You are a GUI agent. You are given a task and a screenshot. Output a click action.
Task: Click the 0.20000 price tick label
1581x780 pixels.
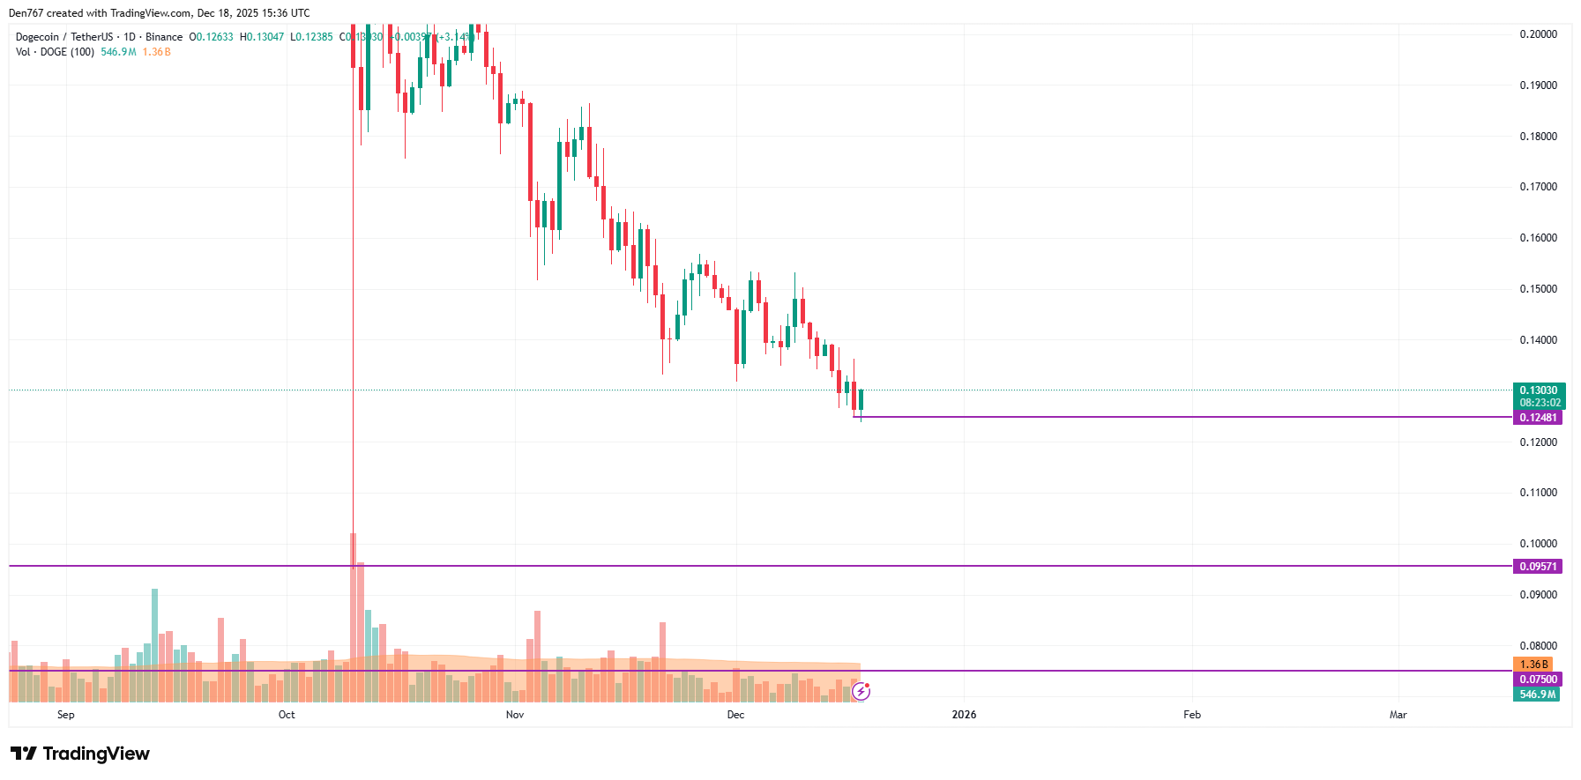click(1538, 34)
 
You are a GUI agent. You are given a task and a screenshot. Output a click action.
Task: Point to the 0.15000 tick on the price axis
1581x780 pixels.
click(1538, 289)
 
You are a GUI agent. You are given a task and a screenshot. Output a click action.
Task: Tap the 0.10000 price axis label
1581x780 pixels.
click(1538, 544)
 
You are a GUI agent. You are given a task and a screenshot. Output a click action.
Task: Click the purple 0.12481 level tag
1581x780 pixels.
click(1538, 418)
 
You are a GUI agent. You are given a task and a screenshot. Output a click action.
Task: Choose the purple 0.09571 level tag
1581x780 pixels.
click(1538, 567)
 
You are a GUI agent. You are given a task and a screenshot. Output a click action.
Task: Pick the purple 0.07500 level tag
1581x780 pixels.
click(1538, 680)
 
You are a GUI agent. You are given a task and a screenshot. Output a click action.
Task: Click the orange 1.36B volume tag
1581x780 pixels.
click(1533, 665)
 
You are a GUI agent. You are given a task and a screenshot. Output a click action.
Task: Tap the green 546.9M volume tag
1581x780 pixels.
click(1538, 695)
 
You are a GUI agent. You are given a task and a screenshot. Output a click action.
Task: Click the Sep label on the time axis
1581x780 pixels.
click(66, 715)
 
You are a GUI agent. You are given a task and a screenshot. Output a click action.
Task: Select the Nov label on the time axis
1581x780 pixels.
click(515, 715)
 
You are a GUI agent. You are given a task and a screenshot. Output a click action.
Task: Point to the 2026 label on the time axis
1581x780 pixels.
click(964, 715)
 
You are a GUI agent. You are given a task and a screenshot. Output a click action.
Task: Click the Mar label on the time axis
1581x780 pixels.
click(1398, 715)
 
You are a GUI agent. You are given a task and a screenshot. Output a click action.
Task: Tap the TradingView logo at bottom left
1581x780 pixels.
click(80, 754)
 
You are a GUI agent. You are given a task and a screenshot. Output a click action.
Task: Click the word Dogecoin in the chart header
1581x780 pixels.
click(37, 37)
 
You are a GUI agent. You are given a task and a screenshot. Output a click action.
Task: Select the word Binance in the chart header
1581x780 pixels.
click(164, 37)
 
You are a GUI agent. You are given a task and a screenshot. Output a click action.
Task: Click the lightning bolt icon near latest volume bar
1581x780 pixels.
click(861, 692)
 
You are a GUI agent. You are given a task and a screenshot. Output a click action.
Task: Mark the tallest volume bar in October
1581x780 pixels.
click(353, 617)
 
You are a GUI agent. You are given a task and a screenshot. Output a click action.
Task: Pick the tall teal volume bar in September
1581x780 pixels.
click(154, 643)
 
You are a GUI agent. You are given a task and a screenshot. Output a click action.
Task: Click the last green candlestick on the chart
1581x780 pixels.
click(861, 401)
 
